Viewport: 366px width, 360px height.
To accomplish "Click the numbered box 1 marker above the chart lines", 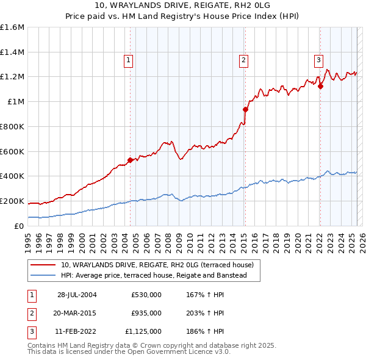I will (x=129, y=60).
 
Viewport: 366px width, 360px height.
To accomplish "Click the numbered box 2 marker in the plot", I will (x=243, y=60).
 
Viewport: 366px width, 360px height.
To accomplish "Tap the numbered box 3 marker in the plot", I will (x=318, y=60).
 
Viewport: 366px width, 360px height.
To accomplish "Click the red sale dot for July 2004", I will (x=130, y=160).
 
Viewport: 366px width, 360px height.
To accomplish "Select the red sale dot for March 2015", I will (x=245, y=110).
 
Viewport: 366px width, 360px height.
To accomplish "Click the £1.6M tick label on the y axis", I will (x=12, y=27).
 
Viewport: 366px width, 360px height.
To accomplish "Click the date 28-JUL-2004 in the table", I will (x=77, y=295).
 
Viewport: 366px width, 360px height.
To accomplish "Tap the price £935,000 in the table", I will (x=146, y=313).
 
